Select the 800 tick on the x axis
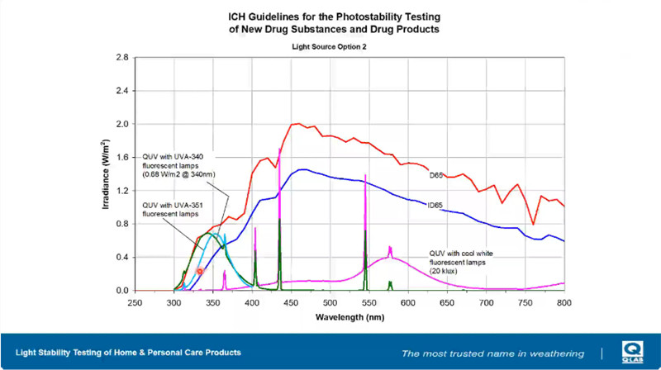click(564, 303)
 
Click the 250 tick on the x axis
click(135, 303)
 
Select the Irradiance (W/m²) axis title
click(107, 173)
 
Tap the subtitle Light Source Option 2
click(330, 47)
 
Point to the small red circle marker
click(199, 271)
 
